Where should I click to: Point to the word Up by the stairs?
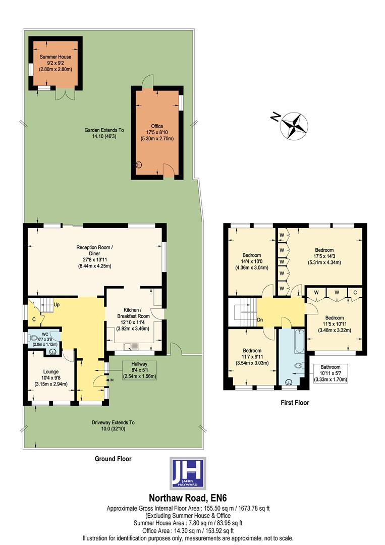57,305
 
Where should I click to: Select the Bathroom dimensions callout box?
331,373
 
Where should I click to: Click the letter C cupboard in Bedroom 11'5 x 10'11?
355,292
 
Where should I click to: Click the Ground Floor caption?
113,459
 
